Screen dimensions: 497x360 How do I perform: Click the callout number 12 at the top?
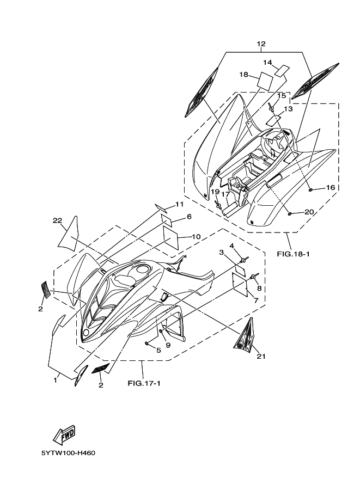(261, 44)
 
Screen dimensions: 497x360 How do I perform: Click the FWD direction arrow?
(64, 434)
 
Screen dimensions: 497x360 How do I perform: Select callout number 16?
(330, 187)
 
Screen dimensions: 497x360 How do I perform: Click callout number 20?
(309, 212)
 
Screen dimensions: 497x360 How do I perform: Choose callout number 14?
(268, 62)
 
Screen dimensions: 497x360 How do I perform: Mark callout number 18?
(243, 74)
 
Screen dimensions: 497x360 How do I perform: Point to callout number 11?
(179, 204)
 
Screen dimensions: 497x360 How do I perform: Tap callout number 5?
(158, 350)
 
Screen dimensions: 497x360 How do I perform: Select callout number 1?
(55, 381)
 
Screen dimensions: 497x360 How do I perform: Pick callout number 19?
(215, 192)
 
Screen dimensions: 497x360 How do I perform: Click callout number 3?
(222, 252)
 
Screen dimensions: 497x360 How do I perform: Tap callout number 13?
(288, 109)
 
